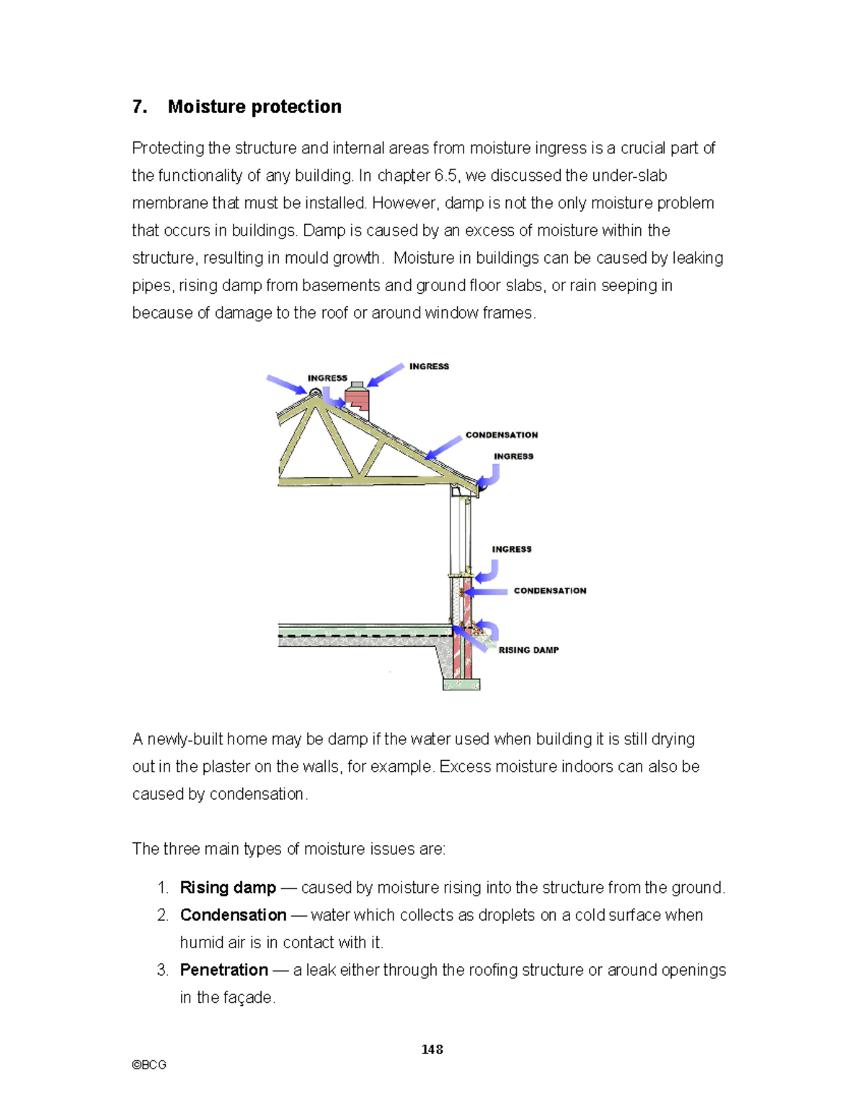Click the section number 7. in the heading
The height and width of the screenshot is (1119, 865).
pyautogui.click(x=140, y=107)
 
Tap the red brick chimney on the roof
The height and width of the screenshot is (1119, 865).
pyautogui.click(x=357, y=398)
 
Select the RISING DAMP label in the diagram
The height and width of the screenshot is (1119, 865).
pyautogui.click(x=528, y=650)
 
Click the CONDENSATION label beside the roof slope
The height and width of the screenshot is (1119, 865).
pyautogui.click(x=502, y=435)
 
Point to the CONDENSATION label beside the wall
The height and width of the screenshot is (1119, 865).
pyautogui.click(x=550, y=591)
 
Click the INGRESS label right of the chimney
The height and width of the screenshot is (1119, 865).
pyautogui.click(x=429, y=367)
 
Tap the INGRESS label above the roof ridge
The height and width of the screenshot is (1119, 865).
pyautogui.click(x=327, y=378)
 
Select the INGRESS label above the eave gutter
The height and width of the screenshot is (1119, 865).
pyautogui.click(x=513, y=457)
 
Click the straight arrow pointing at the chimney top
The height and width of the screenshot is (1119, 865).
pyautogui.click(x=386, y=375)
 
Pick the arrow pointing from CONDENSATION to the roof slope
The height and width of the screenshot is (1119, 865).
pyautogui.click(x=443, y=447)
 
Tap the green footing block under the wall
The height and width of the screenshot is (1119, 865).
pyautogui.click(x=461, y=685)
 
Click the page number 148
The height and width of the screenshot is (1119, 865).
pyautogui.click(x=432, y=1049)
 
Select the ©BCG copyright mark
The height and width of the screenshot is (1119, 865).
pyautogui.click(x=149, y=1065)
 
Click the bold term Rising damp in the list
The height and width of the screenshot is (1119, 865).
pyautogui.click(x=228, y=888)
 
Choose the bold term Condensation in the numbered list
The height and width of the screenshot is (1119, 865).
pyautogui.click(x=233, y=915)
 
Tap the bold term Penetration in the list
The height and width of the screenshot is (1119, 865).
pyautogui.click(x=224, y=970)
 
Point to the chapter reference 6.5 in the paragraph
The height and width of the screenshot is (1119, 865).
pyautogui.click(x=445, y=176)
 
